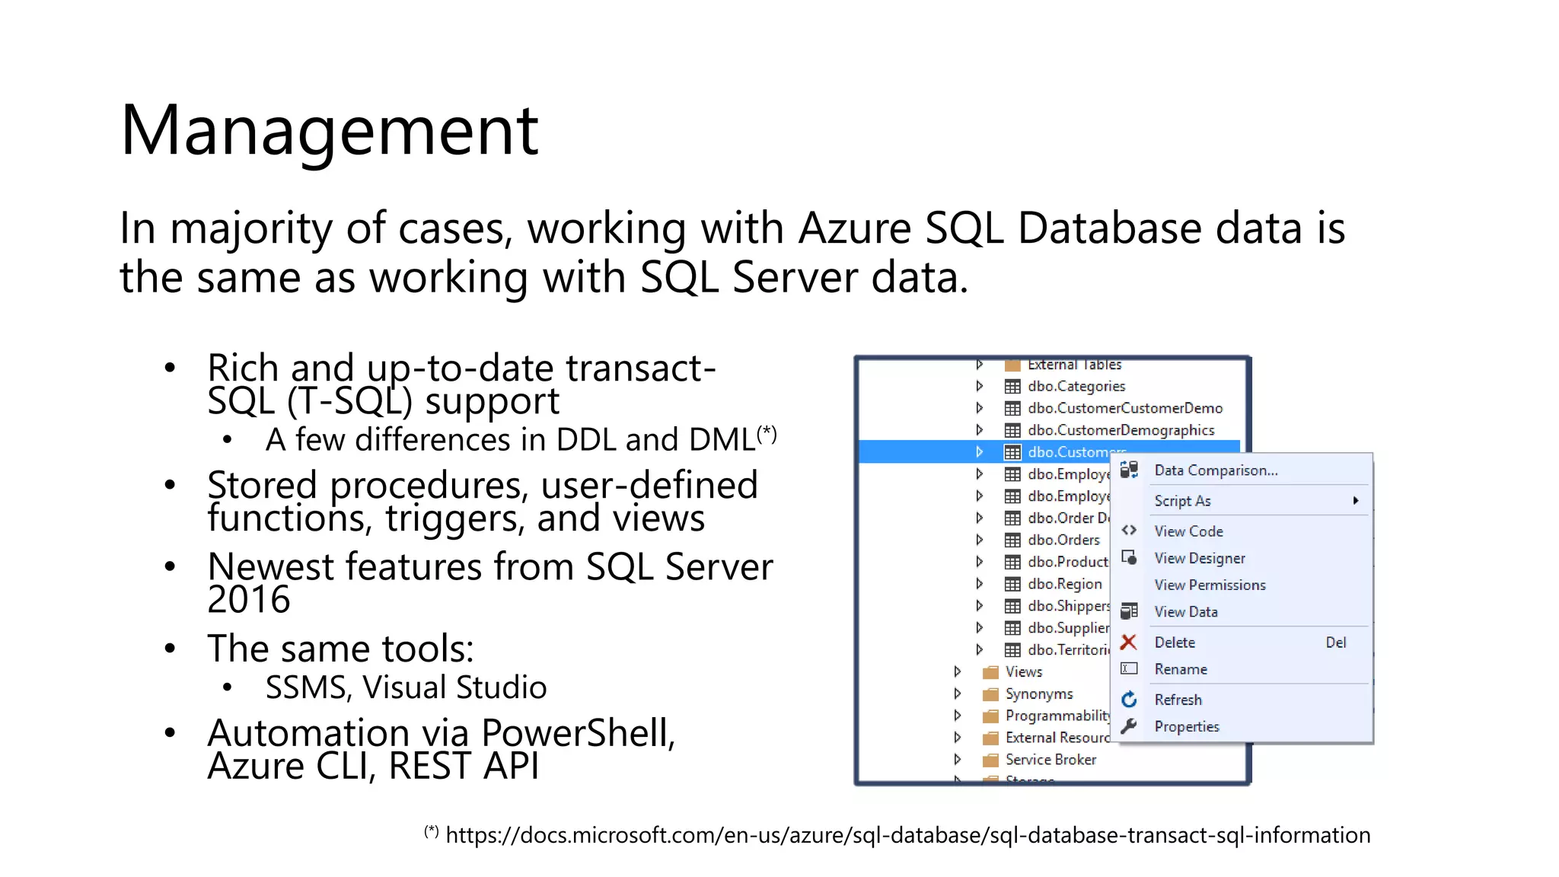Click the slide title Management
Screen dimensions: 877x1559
pos(329,131)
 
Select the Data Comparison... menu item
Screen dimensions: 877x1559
pos(1216,470)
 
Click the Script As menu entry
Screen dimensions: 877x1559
pos(1182,501)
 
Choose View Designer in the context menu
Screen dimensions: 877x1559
pos(1200,558)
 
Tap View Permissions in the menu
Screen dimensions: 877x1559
pos(1210,585)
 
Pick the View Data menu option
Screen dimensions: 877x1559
pos(1185,612)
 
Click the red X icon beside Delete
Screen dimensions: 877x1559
pos(1129,643)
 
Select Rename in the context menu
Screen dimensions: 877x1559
pos(1181,669)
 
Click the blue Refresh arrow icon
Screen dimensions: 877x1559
pos(1129,700)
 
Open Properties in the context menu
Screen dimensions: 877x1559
pos(1186,726)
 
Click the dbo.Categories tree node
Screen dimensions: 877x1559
pos(1076,386)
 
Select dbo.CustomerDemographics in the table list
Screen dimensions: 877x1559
pos(1121,430)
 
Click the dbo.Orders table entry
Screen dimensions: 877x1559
pos(1063,540)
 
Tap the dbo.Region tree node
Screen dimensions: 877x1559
pos(1064,584)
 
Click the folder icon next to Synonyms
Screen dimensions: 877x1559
pos(990,694)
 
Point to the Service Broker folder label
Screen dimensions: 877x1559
pos(1050,760)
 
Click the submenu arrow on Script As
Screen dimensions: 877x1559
pos(1355,501)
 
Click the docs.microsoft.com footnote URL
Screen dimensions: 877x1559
pos(907,835)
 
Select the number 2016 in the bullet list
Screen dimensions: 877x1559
pos(249,600)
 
